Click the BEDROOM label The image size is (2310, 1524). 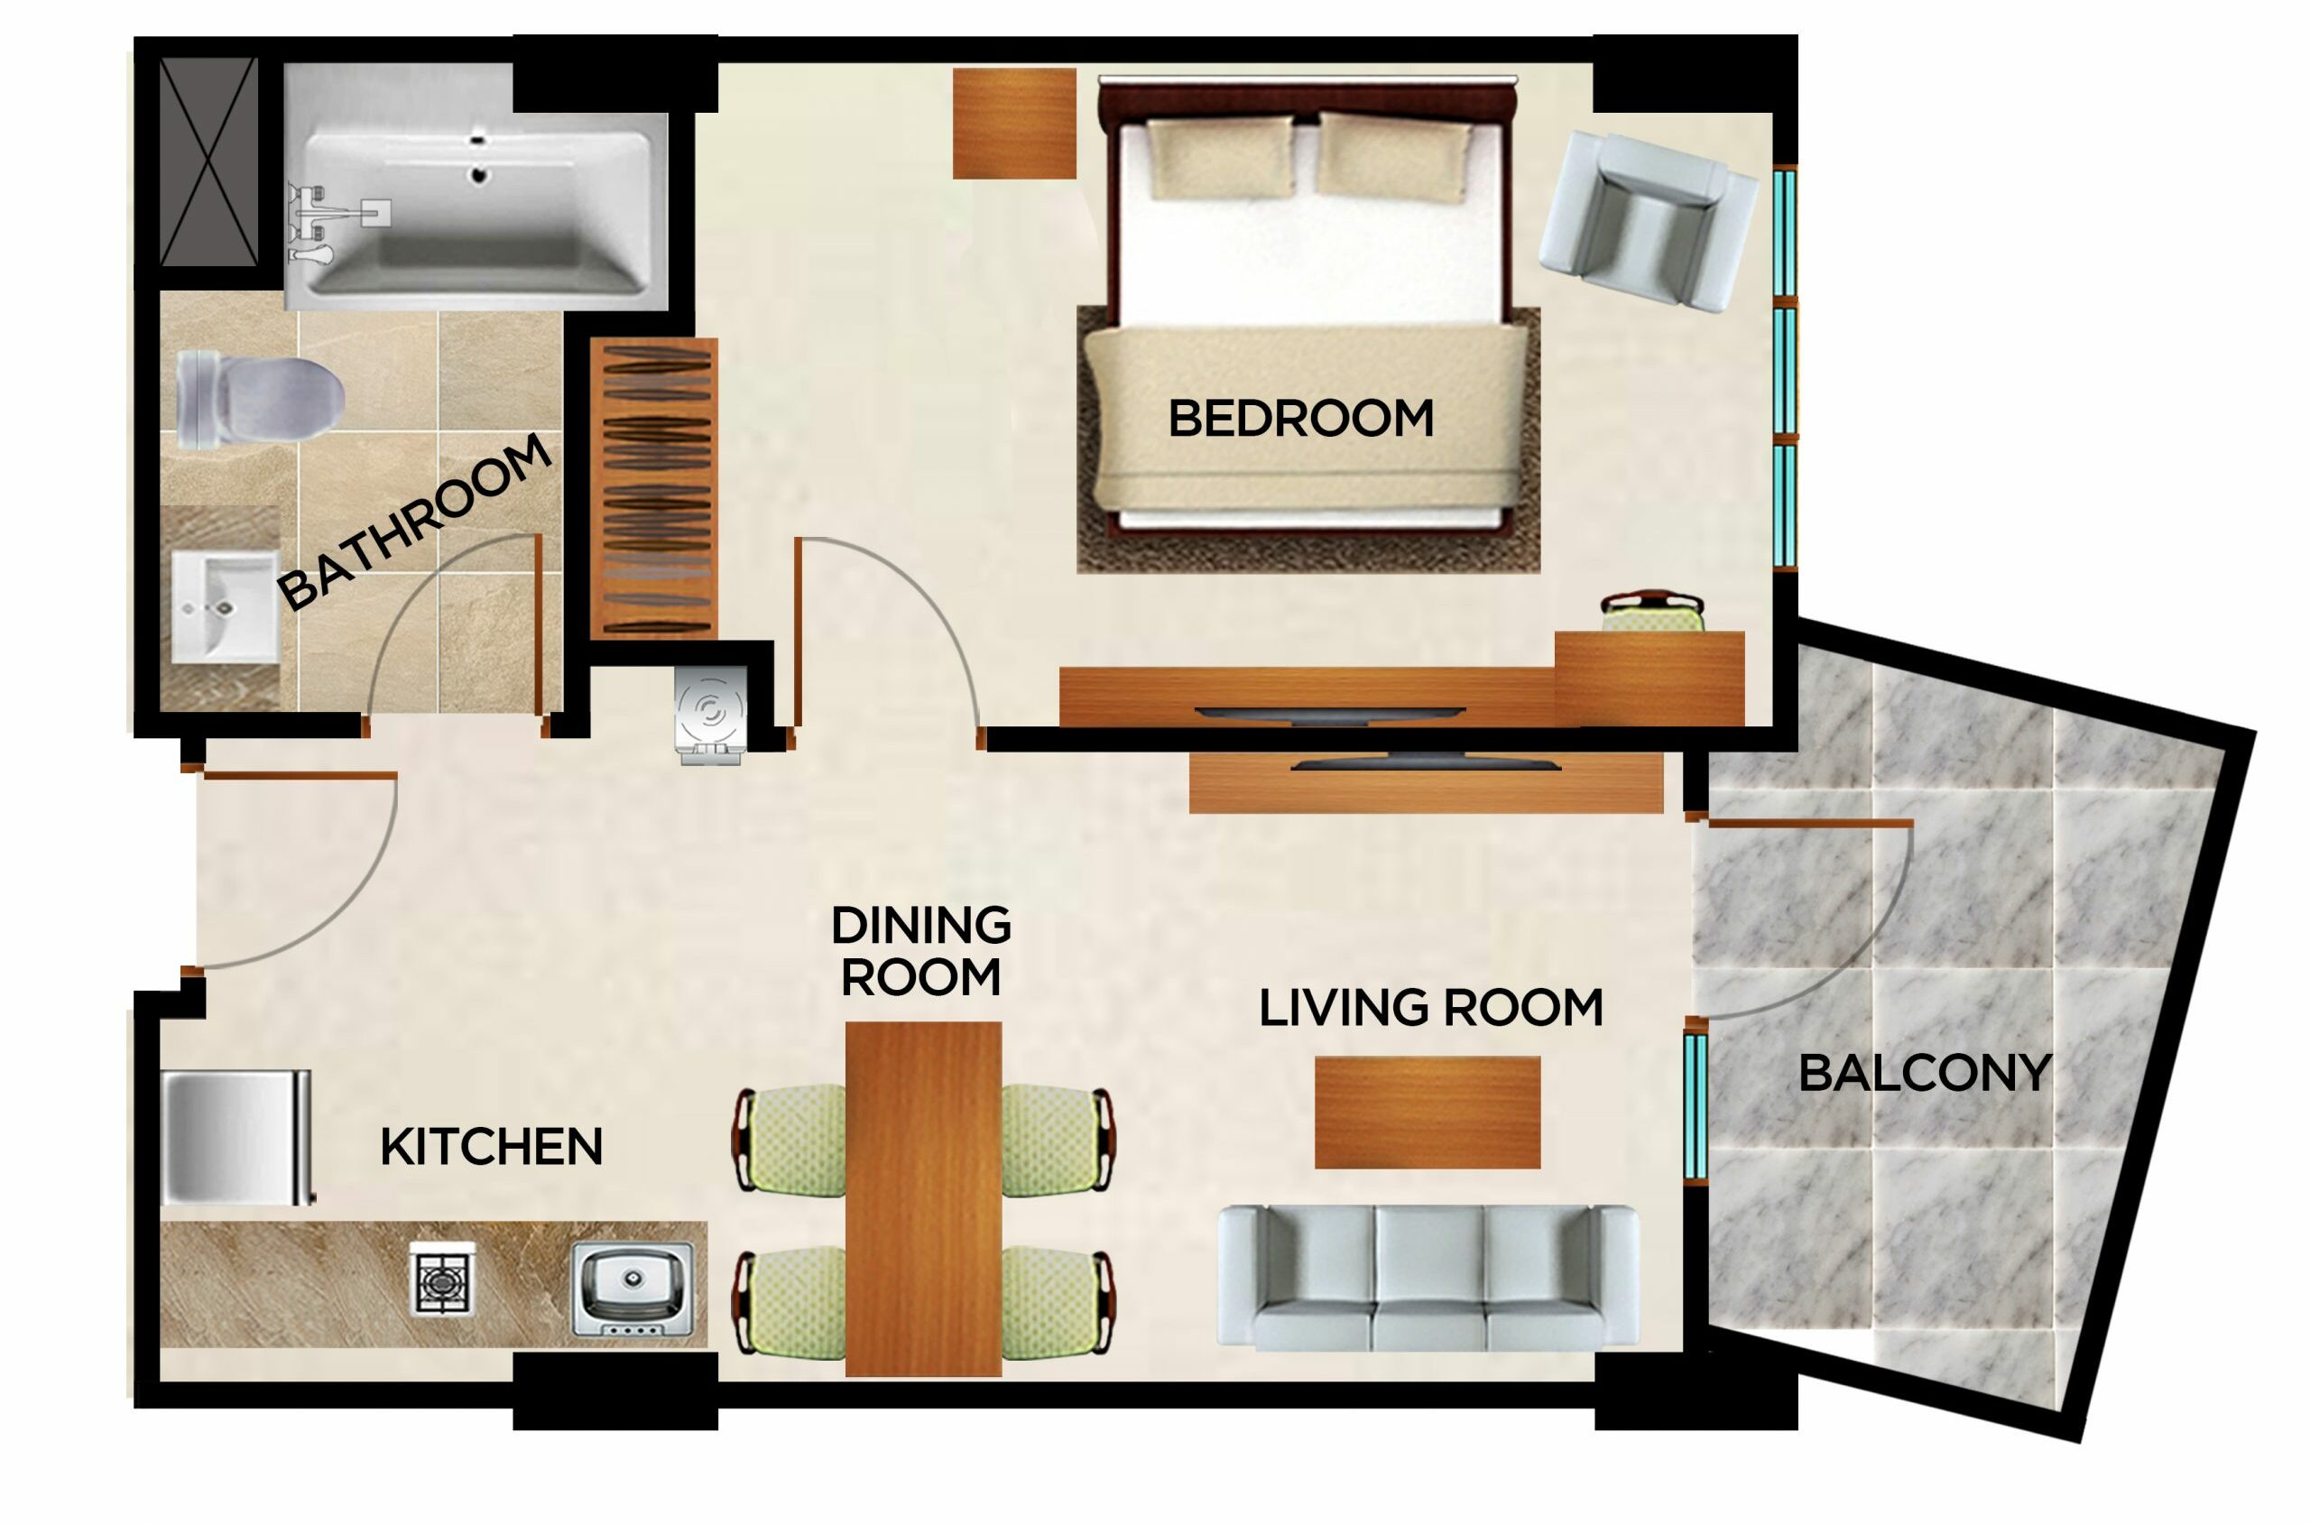pos(1300,419)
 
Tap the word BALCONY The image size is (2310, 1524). pos(1924,1074)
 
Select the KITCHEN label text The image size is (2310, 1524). pos(491,1147)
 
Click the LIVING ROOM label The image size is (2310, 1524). pos(1429,1008)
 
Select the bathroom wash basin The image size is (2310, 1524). pos(224,605)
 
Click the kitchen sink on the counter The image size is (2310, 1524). pos(633,1288)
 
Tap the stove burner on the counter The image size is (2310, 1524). pos(442,1278)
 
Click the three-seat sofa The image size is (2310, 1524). pos(1428,1277)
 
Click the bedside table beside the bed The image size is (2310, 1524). pos(1013,124)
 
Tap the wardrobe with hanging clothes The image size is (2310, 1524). pos(654,488)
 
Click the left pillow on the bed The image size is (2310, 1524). pos(1222,158)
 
